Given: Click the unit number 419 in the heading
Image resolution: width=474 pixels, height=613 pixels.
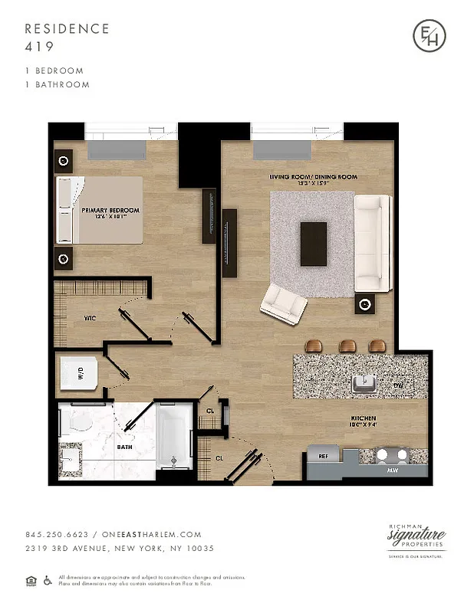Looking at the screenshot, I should [x=38, y=46].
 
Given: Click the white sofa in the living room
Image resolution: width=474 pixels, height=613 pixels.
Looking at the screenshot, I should [x=373, y=241].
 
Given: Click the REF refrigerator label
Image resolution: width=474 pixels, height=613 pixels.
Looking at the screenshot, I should [x=324, y=457].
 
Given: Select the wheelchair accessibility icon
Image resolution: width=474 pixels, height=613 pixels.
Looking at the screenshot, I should [x=47, y=580].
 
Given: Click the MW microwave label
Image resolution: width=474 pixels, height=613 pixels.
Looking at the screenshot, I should [x=392, y=469].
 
